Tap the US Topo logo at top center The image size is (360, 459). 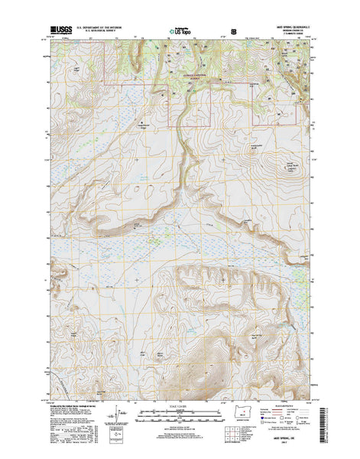pyautogui.click(x=180, y=33)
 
